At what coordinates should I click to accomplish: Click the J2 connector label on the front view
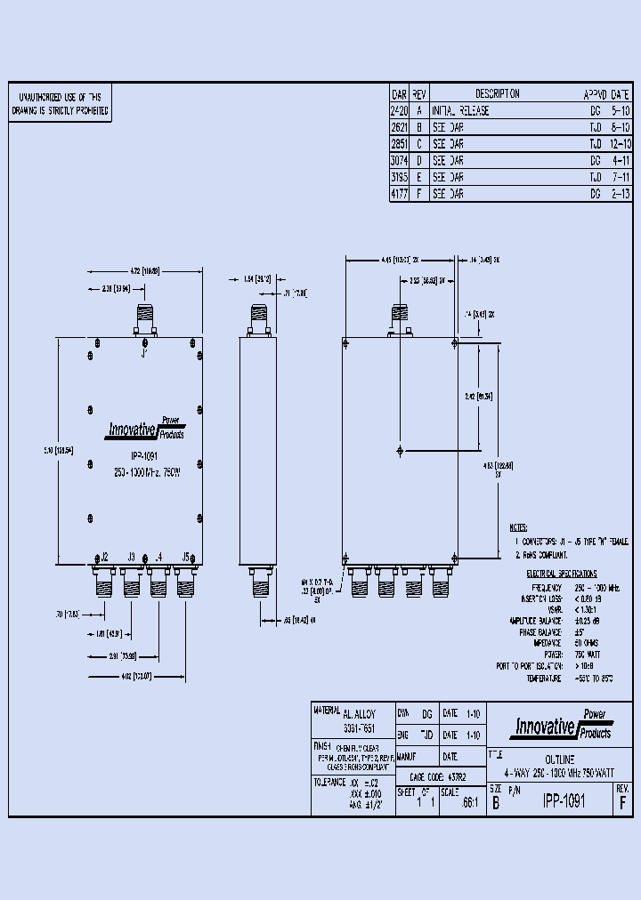point(103,557)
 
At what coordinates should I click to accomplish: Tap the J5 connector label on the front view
point(185,557)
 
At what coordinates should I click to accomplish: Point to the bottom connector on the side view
point(261,583)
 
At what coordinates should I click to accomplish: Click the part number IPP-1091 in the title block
point(564,800)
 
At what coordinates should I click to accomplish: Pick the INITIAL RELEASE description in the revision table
point(460,111)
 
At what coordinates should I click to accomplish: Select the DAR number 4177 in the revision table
point(400,193)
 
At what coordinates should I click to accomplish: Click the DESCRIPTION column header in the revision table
point(497,94)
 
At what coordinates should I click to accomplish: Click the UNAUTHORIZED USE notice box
point(61,104)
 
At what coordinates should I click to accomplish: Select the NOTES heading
point(518,527)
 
